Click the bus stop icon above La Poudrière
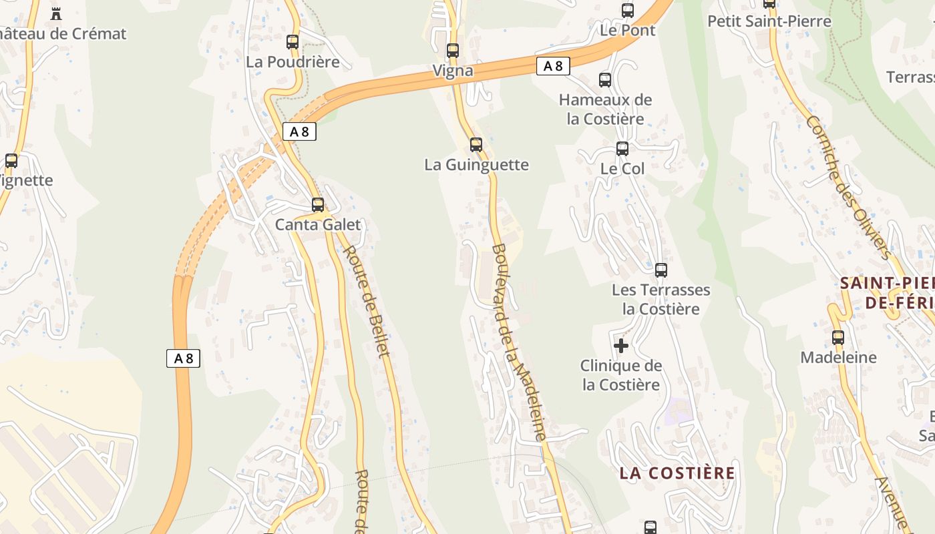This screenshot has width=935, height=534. coord(293,42)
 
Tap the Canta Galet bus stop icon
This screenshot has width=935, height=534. coord(318,205)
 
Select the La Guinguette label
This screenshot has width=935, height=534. coord(476,165)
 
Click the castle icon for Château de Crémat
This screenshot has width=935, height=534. coord(56,13)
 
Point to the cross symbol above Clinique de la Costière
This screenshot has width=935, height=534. coord(621,346)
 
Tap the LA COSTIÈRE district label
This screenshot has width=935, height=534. coord(677,473)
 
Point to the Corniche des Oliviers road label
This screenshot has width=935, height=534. coord(848,188)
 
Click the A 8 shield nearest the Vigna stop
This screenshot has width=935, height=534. coord(553,66)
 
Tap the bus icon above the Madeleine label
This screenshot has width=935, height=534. coord(838,338)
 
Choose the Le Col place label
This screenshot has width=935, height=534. coord(622,169)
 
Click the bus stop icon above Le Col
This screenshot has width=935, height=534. coord(622,148)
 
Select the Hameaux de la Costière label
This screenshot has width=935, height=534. coord(605,109)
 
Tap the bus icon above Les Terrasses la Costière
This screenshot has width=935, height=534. coord(661,270)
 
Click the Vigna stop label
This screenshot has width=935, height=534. coord(453,71)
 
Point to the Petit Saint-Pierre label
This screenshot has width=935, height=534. coord(769,21)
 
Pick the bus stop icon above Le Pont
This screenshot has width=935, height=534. coord(628,10)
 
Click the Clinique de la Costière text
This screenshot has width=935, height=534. coord(621,375)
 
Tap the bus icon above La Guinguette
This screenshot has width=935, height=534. coord(476,144)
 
